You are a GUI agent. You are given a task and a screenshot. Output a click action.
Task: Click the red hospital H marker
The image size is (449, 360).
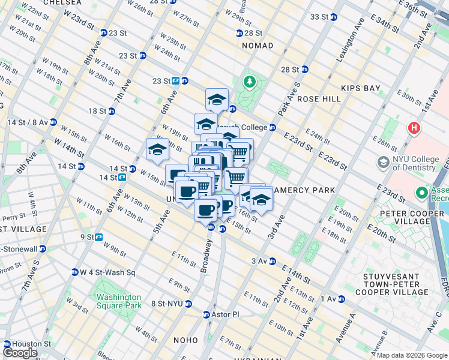(x=413, y=128)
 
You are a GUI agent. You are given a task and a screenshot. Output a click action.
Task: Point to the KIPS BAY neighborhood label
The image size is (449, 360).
(x=361, y=88)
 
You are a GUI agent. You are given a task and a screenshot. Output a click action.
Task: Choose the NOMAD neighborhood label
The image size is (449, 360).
(x=258, y=46)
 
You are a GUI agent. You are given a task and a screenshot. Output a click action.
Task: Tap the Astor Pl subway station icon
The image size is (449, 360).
(x=206, y=314)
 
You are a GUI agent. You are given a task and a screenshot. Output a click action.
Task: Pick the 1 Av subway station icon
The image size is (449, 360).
(x=341, y=298)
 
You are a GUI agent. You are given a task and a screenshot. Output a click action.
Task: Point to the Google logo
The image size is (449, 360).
(x=20, y=353)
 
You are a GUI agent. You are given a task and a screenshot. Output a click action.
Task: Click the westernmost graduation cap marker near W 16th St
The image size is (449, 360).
(x=157, y=150)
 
